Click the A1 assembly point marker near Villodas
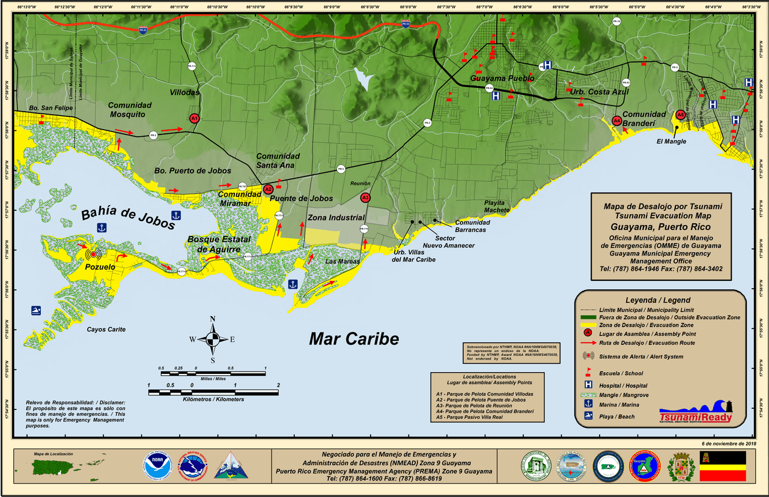[194, 119]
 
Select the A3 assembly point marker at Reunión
[365, 197]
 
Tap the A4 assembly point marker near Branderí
[616, 121]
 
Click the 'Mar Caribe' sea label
[354, 339]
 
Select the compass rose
[213, 339]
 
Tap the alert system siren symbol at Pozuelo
[93, 254]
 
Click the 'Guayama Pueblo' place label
[502, 79]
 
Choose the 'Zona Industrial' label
[336, 218]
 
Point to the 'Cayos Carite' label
[107, 330]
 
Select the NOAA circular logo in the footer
[157, 467]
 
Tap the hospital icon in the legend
[589, 385]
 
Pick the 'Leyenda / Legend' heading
[658, 300]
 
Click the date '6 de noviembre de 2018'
[729, 443]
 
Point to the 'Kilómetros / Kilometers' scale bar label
[213, 400]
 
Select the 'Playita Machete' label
[497, 206]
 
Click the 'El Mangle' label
[671, 142]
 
